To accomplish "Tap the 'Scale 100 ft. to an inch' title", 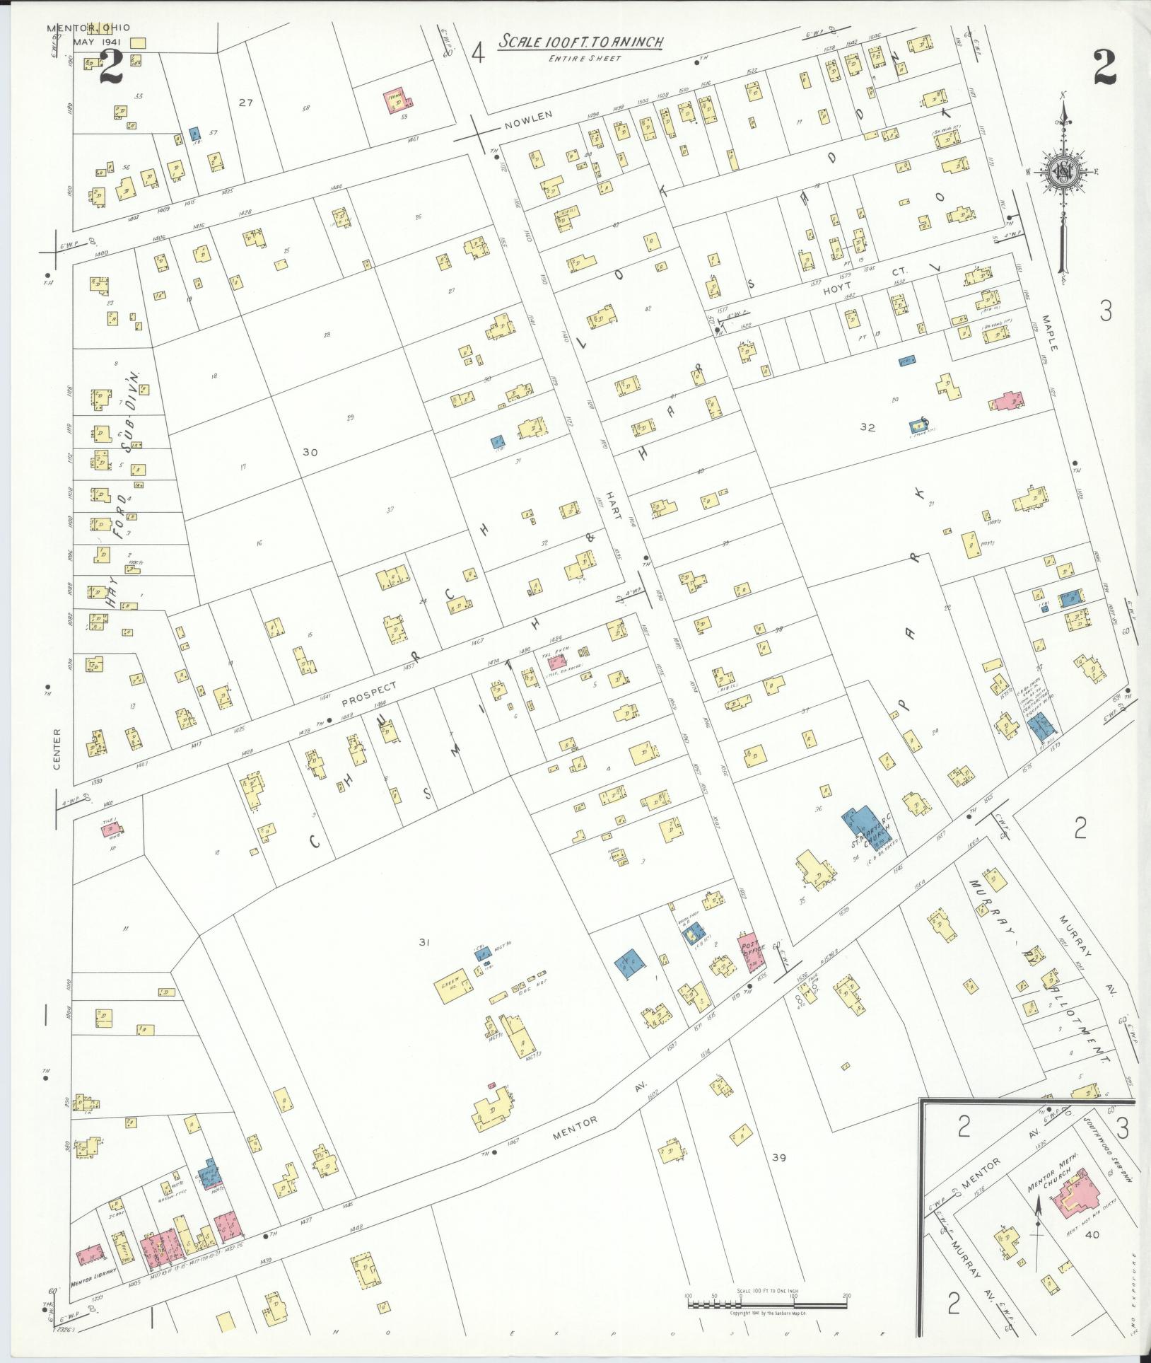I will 580,42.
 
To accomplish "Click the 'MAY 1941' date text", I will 98,42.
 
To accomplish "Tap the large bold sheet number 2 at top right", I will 1104,69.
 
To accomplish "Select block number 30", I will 310,452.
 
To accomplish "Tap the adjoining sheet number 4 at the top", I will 479,53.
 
